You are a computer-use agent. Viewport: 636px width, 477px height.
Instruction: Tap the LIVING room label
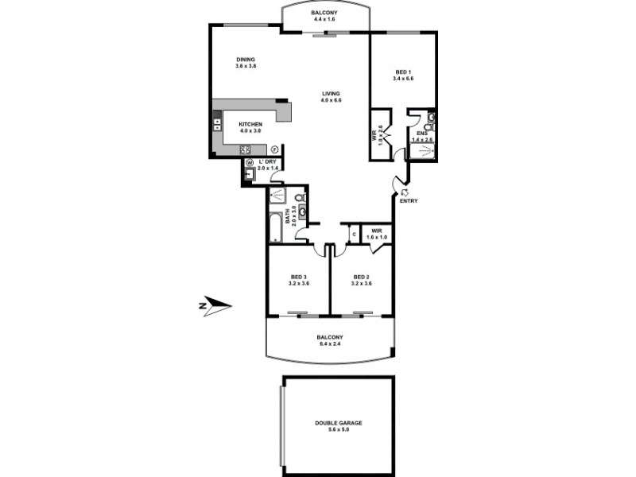[x=331, y=93]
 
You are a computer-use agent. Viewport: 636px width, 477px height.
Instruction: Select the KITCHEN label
[x=251, y=124]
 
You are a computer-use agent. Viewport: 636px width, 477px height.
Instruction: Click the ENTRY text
[x=409, y=200]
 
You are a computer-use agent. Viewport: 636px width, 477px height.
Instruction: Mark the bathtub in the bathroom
[x=275, y=227]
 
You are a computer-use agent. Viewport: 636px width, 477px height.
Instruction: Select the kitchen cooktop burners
[x=246, y=149]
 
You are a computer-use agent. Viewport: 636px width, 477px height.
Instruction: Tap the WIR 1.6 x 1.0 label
[x=377, y=234]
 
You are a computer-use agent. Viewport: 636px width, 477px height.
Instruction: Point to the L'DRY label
[x=268, y=162]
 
